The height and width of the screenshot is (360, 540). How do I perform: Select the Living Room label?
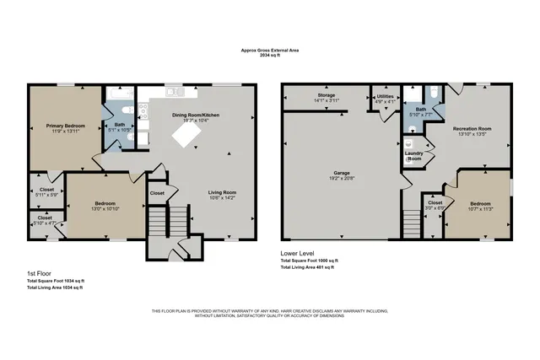click(x=223, y=193)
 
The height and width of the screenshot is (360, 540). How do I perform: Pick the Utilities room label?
click(x=385, y=98)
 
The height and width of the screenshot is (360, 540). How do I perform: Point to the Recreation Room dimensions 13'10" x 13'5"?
click(x=473, y=134)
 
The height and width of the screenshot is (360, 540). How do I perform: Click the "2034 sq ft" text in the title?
click(x=270, y=55)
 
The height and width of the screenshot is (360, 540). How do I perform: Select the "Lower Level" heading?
click(x=297, y=253)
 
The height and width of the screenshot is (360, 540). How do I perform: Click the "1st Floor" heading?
click(x=40, y=273)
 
